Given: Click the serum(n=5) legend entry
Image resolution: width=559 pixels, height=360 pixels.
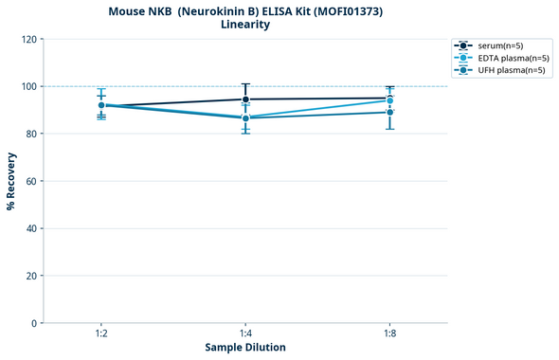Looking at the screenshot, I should coord(500,45).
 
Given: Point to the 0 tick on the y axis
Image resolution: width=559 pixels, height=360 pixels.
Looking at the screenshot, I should coord(34,323).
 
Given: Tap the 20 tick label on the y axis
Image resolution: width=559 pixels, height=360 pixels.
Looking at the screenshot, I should coord(31,276).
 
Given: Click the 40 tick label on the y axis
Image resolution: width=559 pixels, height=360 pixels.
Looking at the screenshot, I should coord(31,228).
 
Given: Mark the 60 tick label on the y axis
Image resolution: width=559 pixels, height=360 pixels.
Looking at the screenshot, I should coord(31,181).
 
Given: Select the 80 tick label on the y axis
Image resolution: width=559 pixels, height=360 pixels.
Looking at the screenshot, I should coord(31,134).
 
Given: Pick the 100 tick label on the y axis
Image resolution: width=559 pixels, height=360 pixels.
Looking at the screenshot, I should coord(28,86).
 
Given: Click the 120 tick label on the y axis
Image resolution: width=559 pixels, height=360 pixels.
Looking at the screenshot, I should coord(28,39).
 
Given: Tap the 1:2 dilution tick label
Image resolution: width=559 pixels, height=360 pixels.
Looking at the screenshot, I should coord(100,334).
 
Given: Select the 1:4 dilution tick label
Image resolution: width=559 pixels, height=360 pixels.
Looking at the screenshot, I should coord(245,334).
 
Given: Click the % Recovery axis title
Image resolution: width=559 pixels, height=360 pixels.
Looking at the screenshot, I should coord(11,181).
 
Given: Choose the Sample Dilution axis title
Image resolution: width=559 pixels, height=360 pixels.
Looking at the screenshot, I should coord(245,348).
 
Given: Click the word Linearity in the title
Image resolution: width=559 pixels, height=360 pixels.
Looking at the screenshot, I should coord(245,25).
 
